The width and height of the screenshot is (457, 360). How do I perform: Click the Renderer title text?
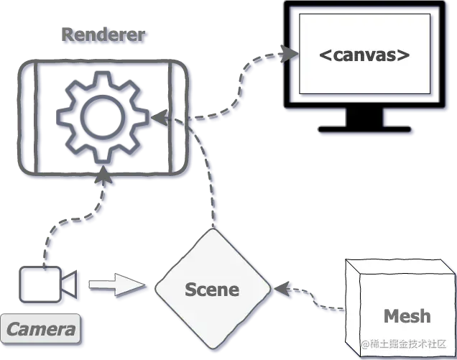coord(103,34)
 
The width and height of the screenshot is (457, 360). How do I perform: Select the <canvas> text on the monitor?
coord(364,55)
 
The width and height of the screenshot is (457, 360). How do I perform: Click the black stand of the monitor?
coord(364,117)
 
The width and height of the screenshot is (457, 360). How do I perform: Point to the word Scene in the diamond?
coord(212,290)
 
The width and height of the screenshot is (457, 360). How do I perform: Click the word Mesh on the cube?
coord(407,316)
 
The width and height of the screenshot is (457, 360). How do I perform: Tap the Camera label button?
coord(40,329)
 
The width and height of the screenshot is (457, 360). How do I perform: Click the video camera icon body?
coord(40,285)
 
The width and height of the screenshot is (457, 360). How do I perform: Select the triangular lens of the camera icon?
coord(70,285)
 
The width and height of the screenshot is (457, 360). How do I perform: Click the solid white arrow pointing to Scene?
coord(117,285)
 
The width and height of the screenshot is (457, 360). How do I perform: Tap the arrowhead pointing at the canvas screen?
coord(289,54)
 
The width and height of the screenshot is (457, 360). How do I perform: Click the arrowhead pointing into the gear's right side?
coord(160,117)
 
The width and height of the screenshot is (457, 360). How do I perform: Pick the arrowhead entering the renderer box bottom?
coord(103,175)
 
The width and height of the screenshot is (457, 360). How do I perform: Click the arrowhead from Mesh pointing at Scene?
coord(282,289)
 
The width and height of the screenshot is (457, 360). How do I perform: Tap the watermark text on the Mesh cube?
coord(404,344)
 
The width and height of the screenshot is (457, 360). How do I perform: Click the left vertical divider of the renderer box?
coord(36,117)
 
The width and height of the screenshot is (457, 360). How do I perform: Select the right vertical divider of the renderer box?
coord(170,117)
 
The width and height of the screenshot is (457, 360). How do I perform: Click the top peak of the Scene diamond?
coord(213,229)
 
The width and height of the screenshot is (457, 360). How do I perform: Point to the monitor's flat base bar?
coord(364,129)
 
